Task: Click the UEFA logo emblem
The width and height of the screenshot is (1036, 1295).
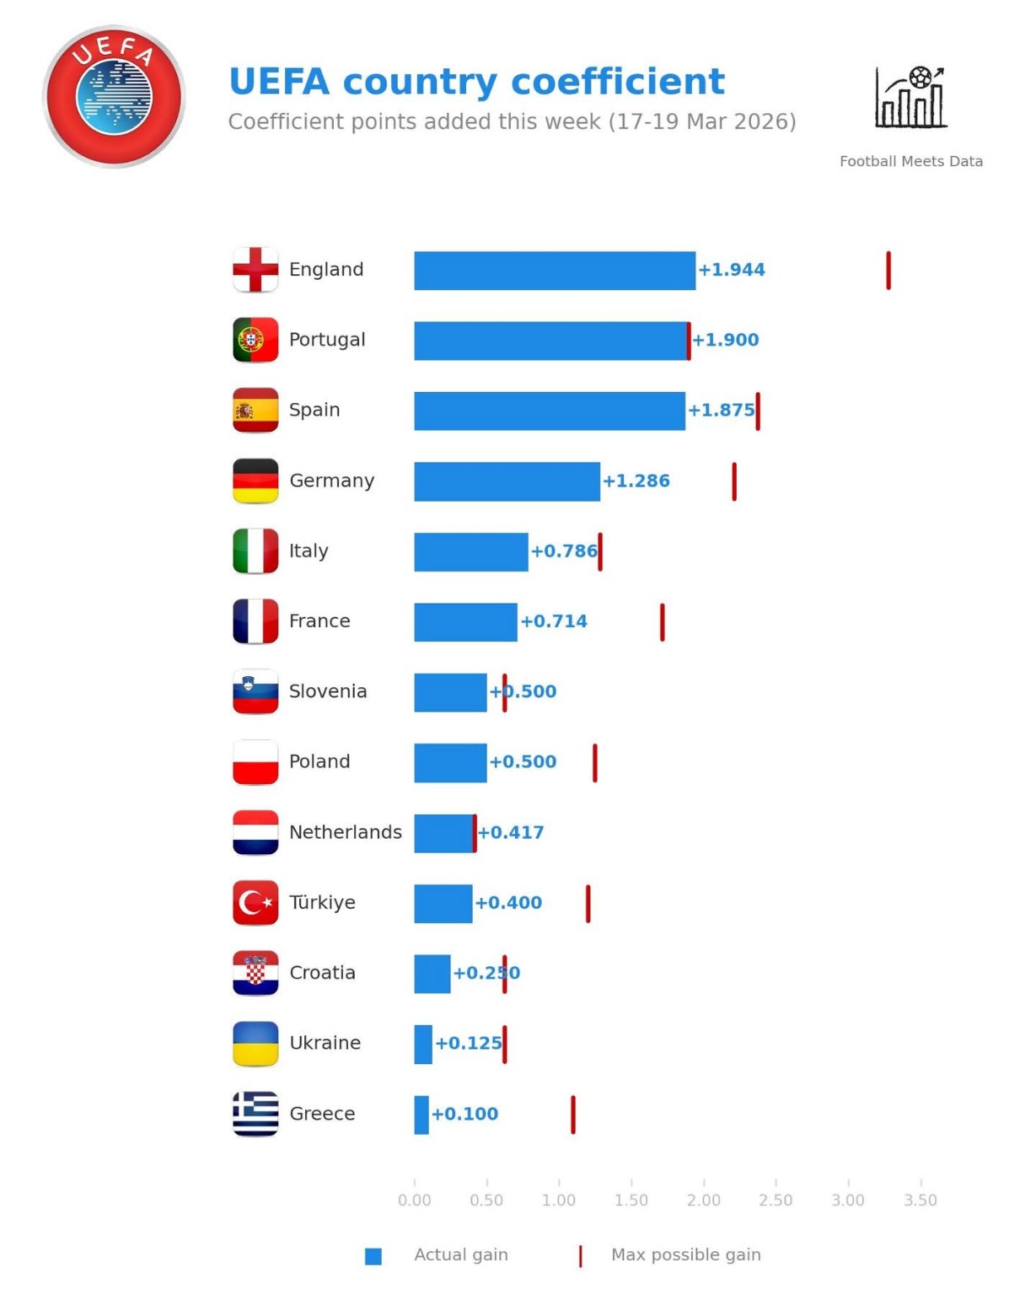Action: pos(114,96)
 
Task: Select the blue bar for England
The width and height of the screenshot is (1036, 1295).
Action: pos(554,271)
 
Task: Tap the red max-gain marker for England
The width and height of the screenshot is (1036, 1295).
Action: pos(888,271)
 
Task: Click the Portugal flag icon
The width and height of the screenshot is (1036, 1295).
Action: pos(255,340)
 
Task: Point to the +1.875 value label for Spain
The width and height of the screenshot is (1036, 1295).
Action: pos(721,411)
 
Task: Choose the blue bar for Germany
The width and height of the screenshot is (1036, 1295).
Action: pos(507,481)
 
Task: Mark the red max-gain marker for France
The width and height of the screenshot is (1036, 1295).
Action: pos(662,622)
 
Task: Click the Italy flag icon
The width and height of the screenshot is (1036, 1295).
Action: pos(255,551)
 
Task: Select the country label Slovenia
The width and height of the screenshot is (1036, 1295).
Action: pos(328,691)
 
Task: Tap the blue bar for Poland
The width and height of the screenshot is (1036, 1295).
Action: pos(450,763)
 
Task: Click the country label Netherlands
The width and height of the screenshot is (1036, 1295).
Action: pos(345,832)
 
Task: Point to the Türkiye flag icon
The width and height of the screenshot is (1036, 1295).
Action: pos(255,903)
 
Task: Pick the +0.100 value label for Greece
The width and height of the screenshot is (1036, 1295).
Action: pos(464,1114)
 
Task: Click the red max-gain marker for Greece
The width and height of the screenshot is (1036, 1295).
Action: pos(572,1115)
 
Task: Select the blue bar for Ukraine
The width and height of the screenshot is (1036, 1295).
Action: pos(423,1045)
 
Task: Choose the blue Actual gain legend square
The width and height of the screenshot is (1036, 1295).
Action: pos(373,1256)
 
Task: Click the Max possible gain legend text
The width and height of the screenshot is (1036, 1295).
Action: pos(685,1255)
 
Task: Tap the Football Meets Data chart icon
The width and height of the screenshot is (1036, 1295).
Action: pos(910,98)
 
